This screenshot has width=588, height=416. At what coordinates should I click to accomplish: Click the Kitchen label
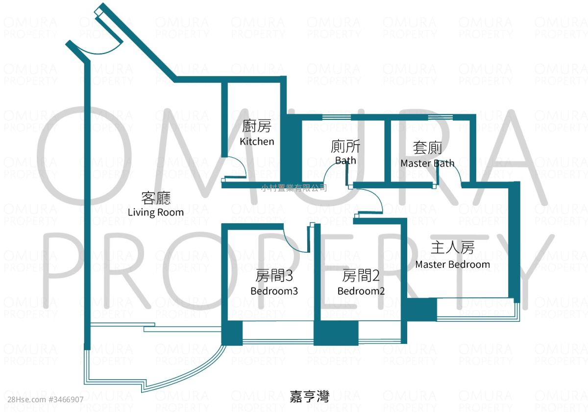click(x=257, y=142)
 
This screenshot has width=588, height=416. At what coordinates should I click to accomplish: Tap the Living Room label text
click(x=156, y=212)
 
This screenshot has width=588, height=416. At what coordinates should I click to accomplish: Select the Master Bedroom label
click(x=453, y=264)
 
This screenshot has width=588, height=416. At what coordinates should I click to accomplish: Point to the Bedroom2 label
click(x=361, y=291)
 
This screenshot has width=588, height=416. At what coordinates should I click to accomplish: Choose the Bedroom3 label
click(x=274, y=291)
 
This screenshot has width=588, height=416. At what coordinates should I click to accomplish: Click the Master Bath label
click(x=427, y=163)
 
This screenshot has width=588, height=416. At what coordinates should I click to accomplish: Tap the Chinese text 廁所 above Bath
click(x=345, y=146)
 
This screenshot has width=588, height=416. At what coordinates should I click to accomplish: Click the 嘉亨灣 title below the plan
click(x=309, y=396)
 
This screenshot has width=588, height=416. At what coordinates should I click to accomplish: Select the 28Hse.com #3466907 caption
click(x=46, y=399)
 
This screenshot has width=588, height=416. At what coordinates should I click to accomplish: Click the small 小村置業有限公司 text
click(x=294, y=187)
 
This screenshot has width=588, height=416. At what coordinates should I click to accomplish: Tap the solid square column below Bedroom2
click(x=336, y=333)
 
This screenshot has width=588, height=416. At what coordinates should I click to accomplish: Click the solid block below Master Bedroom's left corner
click(x=422, y=310)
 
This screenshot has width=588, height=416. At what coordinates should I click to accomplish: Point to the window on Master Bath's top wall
click(x=441, y=117)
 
